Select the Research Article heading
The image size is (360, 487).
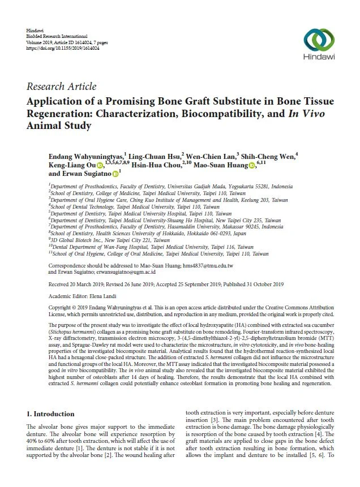coord(61,87)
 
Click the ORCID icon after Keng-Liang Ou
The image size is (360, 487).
coord(100,166)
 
